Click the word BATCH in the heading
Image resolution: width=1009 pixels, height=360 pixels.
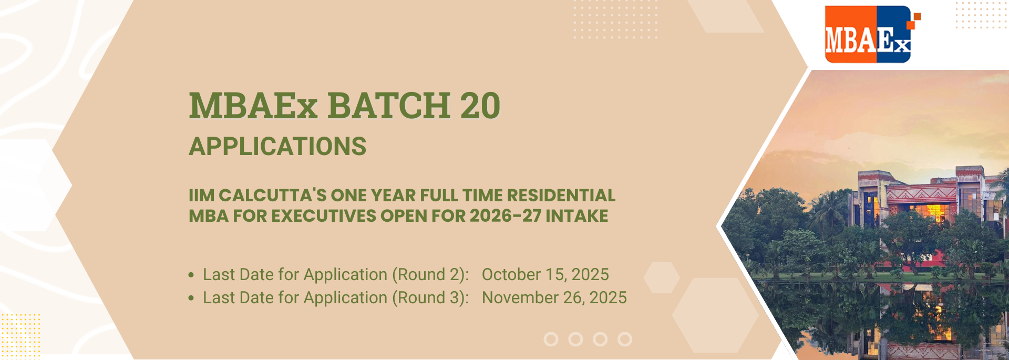click(388, 106)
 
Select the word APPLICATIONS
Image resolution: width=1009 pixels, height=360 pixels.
click(277, 147)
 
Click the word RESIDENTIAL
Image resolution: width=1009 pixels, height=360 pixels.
click(561, 196)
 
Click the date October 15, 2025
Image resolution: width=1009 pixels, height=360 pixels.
click(545, 274)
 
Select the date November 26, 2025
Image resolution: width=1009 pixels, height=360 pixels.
click(554, 297)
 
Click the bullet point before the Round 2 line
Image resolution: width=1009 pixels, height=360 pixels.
click(191, 275)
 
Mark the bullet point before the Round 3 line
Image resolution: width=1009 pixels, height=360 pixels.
click(191, 298)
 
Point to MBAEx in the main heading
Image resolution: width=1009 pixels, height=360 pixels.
click(253, 106)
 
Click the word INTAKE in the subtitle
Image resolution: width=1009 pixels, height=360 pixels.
click(577, 216)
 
